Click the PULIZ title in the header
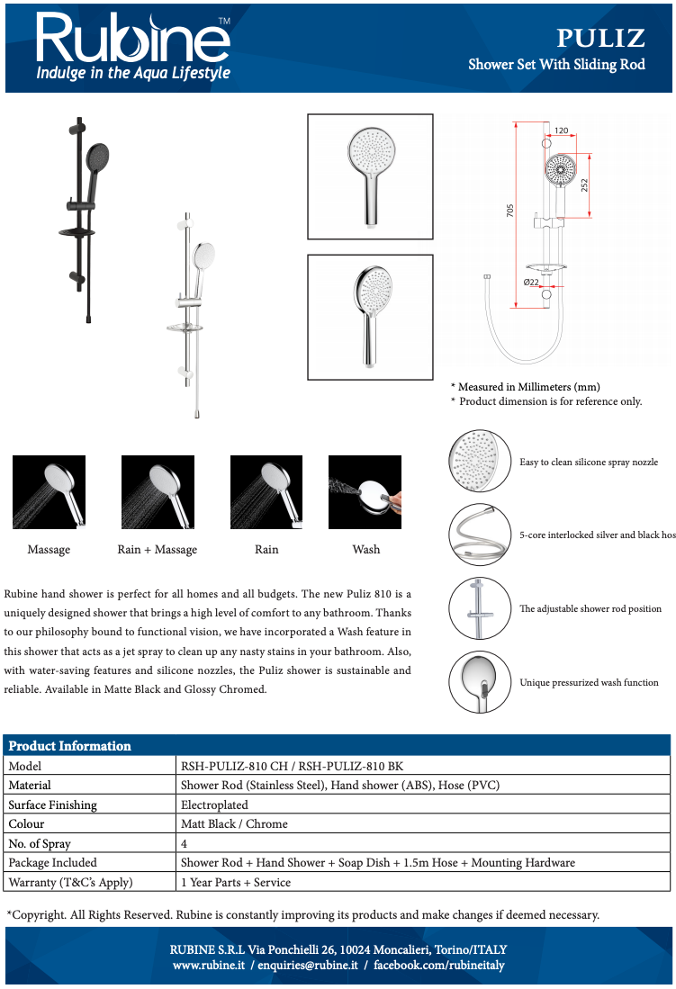599,38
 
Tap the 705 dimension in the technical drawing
509,211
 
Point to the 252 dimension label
584,184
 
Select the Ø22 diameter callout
531,283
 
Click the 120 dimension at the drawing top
561,131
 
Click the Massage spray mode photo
49,491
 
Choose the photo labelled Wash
365,491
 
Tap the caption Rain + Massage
158,550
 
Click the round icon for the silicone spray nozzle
480,461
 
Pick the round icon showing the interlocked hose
480,535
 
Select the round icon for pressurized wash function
480,681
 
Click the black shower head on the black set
97,160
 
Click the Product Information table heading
69,746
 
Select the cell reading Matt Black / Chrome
235,824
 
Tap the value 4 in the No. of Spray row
185,844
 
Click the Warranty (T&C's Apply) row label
71,883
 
